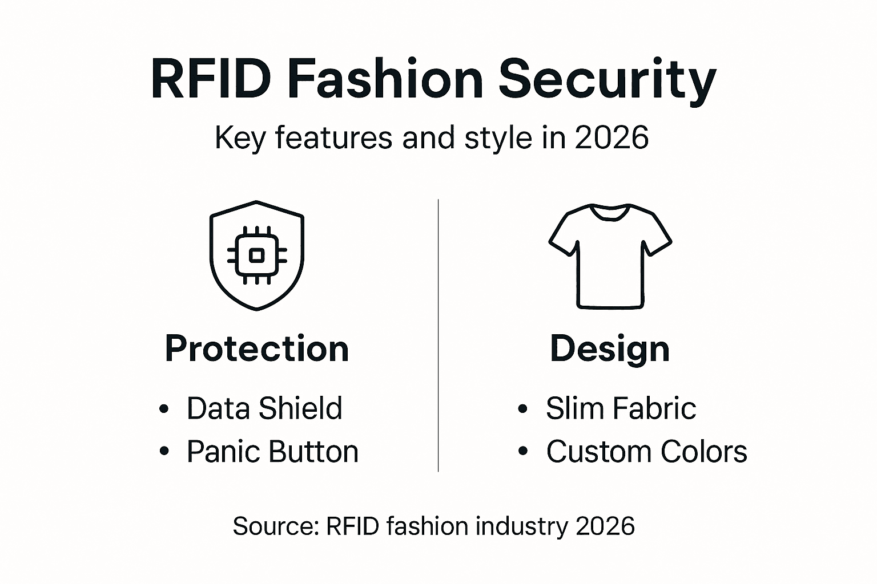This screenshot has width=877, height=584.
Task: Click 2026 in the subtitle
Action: (612, 138)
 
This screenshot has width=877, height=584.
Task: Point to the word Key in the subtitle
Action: (239, 138)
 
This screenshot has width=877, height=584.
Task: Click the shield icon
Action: (257, 255)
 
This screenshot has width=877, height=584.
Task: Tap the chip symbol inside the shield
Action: (257, 255)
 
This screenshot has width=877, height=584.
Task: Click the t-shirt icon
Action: (610, 257)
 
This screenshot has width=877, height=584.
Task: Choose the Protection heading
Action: (257, 348)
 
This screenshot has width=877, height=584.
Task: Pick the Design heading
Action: (610, 348)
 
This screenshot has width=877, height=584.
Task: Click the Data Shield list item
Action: (264, 408)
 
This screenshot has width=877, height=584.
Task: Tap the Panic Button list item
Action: (272, 452)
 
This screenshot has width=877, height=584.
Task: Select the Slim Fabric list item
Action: (621, 408)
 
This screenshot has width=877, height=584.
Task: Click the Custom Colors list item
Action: (646, 452)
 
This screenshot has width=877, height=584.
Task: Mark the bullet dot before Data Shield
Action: (164, 409)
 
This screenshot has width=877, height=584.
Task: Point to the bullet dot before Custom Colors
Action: (523, 452)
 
